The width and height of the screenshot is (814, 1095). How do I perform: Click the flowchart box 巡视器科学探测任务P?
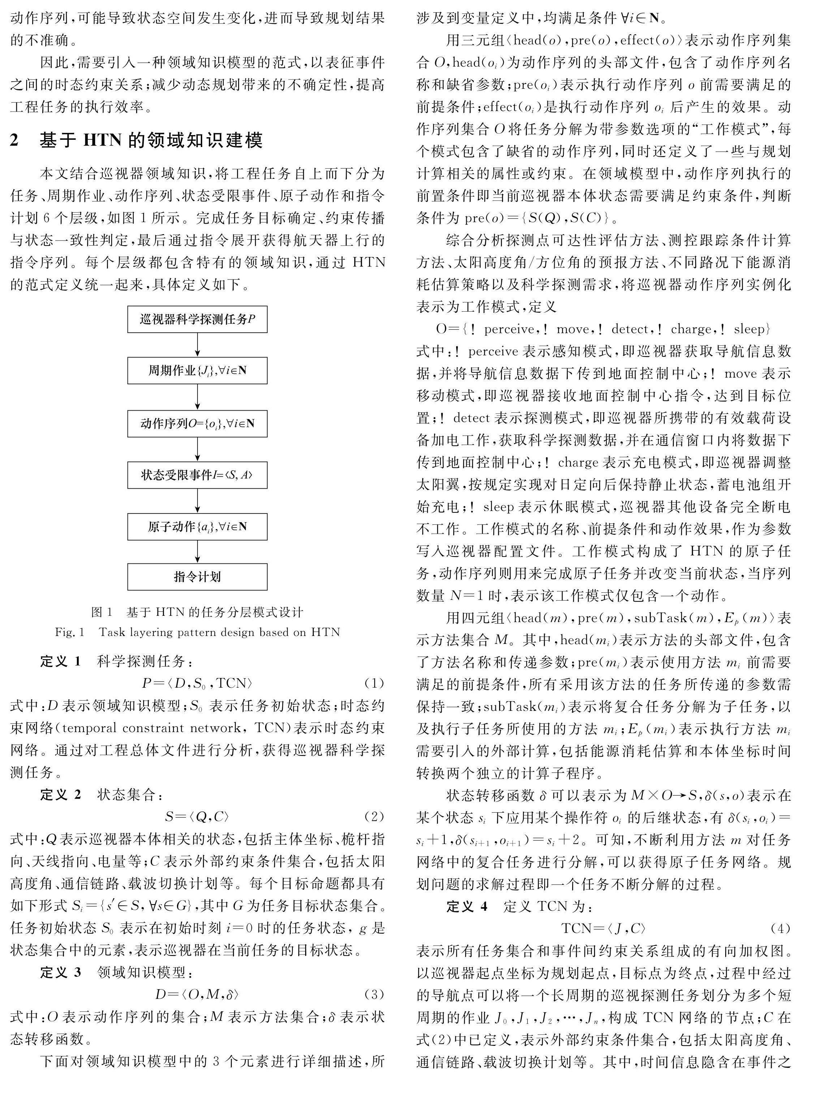[197, 319]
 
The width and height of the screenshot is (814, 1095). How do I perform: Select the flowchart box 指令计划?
[197, 577]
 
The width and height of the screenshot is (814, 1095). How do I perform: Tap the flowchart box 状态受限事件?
[197, 475]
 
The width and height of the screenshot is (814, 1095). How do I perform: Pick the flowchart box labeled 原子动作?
[197, 526]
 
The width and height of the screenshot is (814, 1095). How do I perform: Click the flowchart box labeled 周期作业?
[197, 371]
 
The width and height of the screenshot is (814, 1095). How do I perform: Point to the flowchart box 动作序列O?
[197, 423]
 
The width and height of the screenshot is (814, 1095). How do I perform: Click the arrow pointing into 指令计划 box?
[198, 551]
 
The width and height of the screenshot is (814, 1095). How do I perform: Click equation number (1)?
[373, 683]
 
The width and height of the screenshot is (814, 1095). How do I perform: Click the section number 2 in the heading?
[15, 140]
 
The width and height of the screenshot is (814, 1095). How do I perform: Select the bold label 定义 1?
[60, 661]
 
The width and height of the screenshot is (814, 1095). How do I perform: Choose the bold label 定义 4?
[467, 906]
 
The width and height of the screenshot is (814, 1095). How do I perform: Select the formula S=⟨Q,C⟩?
[197, 817]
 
